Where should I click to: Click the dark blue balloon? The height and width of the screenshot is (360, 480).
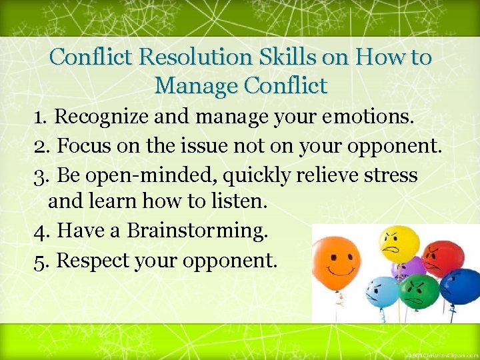[460, 285]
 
